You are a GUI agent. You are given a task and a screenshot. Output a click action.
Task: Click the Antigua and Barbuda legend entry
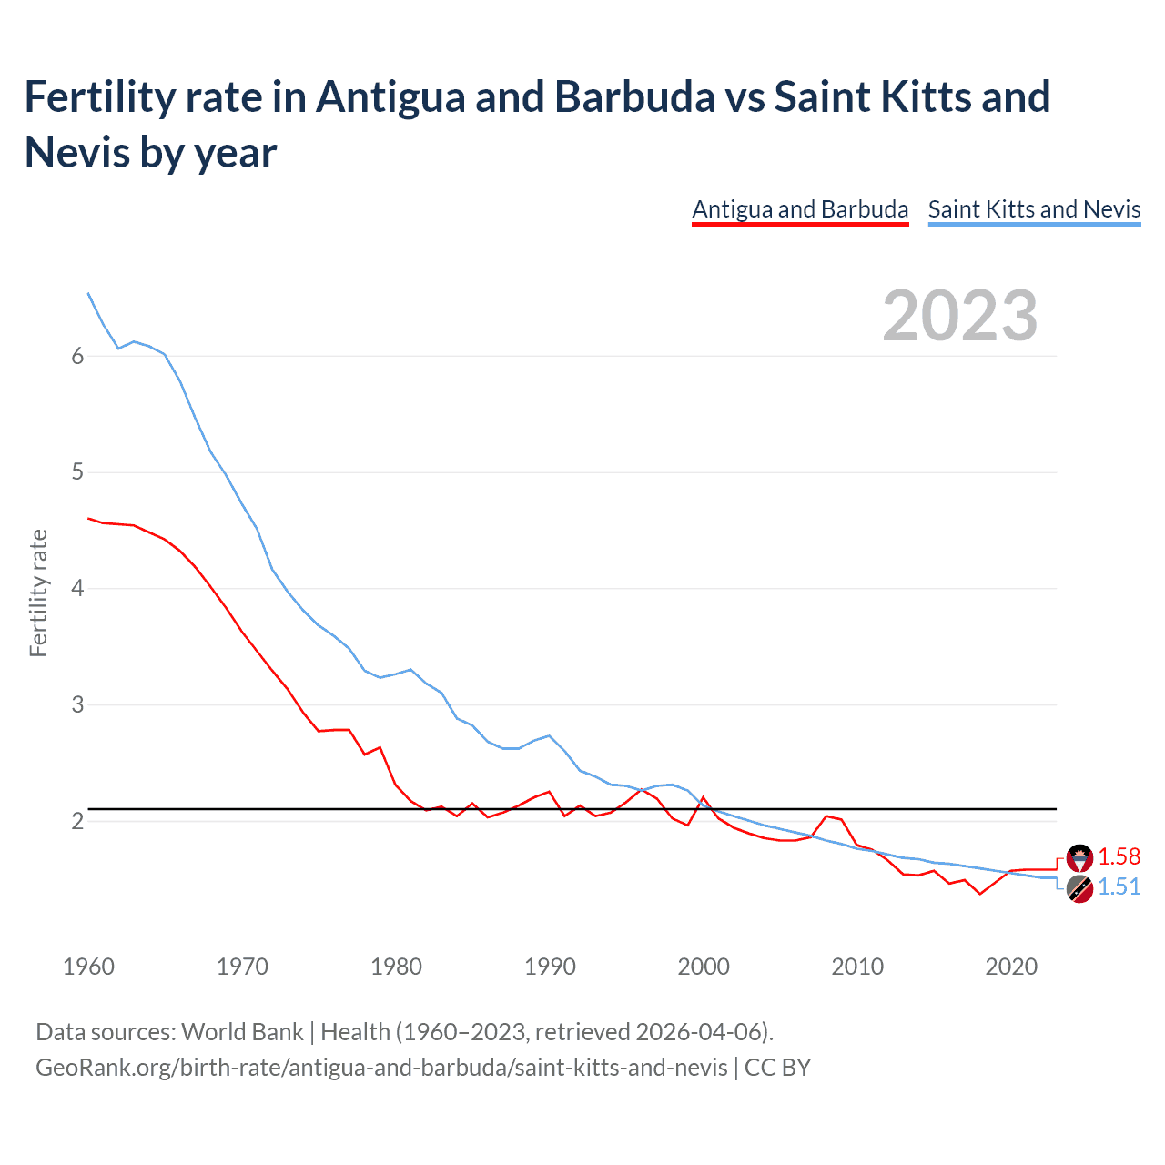pos(800,209)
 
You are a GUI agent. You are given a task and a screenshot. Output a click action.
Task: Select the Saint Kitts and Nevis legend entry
pos(1034,209)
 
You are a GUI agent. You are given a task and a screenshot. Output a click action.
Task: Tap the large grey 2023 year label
pos(960,316)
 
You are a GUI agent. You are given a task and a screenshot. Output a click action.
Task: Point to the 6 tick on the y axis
pos(77,356)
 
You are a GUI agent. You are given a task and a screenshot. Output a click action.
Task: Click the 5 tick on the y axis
pos(77,472)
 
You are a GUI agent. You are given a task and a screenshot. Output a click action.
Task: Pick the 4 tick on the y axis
pos(77,589)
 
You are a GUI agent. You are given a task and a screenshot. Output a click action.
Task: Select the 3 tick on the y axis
pos(77,705)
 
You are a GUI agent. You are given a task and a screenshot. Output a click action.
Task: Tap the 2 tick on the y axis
pos(77,822)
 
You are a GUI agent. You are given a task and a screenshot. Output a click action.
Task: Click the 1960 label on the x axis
pos(88,967)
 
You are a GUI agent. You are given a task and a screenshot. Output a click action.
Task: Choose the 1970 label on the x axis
pos(242,967)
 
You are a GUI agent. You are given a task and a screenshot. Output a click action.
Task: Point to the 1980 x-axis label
pos(396,967)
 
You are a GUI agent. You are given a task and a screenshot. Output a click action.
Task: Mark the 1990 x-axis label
pos(550,967)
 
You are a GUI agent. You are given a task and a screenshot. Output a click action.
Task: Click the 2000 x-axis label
pos(704,967)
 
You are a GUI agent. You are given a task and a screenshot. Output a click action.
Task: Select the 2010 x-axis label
pos(857,967)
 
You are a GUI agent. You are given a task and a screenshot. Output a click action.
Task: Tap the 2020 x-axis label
pos(1011,967)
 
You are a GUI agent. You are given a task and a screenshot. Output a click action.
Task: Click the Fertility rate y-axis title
pos(38,593)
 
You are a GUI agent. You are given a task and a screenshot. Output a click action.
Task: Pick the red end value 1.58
pos(1119,856)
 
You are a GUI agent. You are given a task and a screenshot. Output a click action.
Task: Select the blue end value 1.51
pos(1119,887)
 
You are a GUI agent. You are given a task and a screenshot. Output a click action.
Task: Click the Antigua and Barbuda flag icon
pos(1079,857)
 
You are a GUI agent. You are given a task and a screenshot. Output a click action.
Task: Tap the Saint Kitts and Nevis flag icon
pos(1079,889)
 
